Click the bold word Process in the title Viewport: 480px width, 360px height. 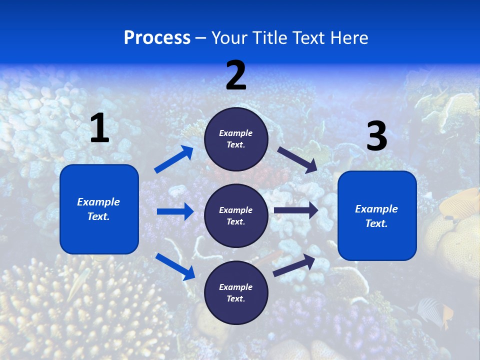pyautogui.click(x=157, y=38)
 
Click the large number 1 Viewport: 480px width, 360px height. pyautogui.click(x=99, y=128)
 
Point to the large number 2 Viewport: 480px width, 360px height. pyautogui.click(x=236, y=75)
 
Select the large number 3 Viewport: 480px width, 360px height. pyautogui.click(x=376, y=136)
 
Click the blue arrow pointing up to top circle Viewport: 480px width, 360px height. pyautogui.click(x=174, y=159)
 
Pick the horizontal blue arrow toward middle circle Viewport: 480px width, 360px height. pyautogui.click(x=175, y=211)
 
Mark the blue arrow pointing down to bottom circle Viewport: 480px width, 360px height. pyautogui.click(x=175, y=266)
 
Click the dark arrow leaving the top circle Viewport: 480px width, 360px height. pyautogui.click(x=297, y=159)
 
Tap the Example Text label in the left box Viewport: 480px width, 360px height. pyautogui.click(x=98, y=209)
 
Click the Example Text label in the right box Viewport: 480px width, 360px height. pyautogui.click(x=376, y=216)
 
